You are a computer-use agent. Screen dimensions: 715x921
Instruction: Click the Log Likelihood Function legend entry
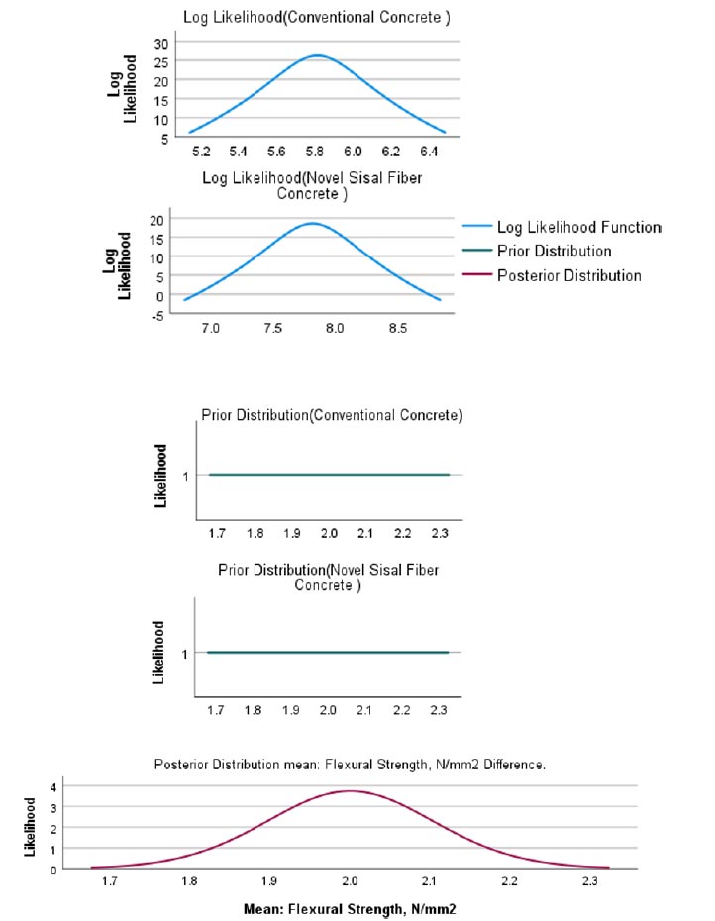point(562,227)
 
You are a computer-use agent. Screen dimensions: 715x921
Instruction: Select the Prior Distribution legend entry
point(537,251)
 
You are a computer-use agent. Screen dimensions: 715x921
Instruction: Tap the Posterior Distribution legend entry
point(552,275)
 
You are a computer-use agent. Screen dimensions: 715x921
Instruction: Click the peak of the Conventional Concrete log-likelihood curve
point(317,55)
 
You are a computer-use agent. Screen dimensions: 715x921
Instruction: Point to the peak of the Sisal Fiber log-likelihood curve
point(313,223)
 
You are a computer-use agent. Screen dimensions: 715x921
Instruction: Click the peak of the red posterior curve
point(351,791)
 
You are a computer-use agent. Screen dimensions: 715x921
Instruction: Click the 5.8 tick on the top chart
point(314,152)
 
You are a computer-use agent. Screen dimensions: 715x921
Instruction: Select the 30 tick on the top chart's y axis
point(161,44)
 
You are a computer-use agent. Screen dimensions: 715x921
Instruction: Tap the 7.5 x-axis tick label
point(272,328)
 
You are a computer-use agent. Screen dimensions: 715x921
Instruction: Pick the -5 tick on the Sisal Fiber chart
point(157,316)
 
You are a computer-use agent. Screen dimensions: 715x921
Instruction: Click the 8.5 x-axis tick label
point(398,328)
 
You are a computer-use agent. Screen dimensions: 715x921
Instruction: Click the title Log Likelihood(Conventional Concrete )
point(317,17)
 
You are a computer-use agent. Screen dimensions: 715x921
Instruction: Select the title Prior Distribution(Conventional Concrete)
point(332,415)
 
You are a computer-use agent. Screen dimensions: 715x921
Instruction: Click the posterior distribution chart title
point(350,765)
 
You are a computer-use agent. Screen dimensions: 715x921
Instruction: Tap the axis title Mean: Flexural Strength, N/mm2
point(350,909)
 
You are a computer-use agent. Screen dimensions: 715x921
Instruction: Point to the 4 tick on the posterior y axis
point(53,787)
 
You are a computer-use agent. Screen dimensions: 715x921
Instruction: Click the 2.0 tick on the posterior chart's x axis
point(350,881)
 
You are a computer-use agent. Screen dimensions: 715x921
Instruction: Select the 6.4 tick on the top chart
point(429,152)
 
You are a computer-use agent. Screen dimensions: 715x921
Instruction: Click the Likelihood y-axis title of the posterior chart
point(30,827)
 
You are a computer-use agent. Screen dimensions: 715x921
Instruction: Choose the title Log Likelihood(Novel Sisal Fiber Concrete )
point(312,185)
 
